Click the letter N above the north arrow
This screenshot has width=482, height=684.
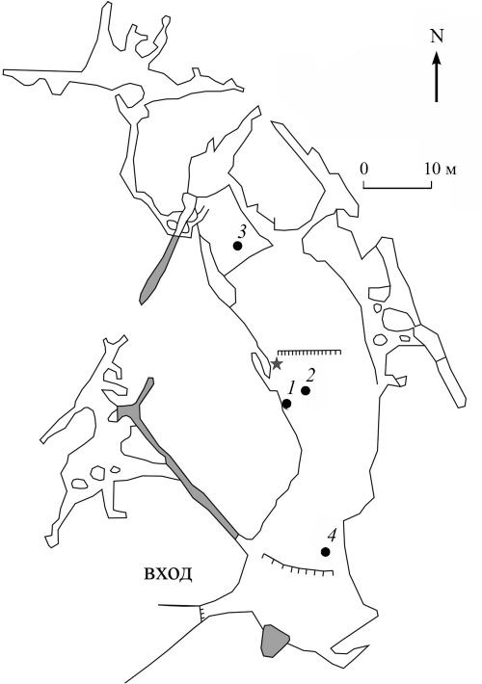[x=437, y=37]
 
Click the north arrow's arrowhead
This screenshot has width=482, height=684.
[x=437, y=58]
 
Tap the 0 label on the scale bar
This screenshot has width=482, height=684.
[x=364, y=169]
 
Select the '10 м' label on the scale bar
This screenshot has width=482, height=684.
[x=441, y=169]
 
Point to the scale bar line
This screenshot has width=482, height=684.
[x=398, y=188]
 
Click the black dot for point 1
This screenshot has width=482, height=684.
[x=287, y=404]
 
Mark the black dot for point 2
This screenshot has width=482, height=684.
[x=306, y=391]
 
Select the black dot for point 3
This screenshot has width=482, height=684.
[x=237, y=246]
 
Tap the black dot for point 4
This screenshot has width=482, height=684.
[x=325, y=552]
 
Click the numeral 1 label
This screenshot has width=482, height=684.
[x=292, y=387]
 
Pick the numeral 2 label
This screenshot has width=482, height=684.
[x=310, y=374]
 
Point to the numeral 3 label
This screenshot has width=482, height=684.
[x=241, y=230]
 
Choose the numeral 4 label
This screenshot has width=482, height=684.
[x=333, y=535]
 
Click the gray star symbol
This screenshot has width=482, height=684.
[x=277, y=364]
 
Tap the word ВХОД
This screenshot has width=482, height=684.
[x=168, y=574]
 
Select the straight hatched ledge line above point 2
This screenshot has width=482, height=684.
[x=309, y=352]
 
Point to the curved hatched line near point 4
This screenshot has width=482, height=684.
[x=298, y=566]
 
